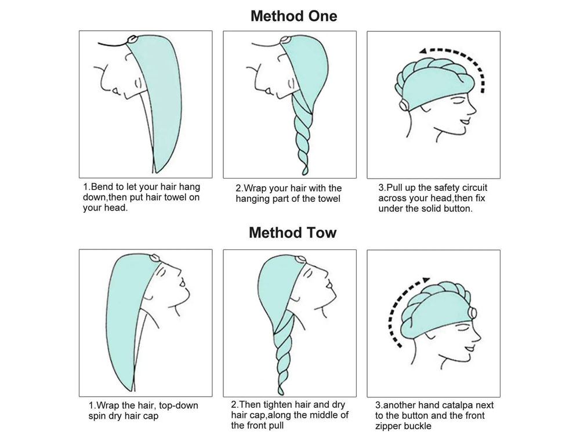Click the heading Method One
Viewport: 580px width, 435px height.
293,16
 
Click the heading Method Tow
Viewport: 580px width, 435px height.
292,233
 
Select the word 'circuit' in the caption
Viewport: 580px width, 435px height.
474,187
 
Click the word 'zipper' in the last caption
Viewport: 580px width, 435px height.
389,426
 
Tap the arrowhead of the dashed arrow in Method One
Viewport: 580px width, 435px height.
424,51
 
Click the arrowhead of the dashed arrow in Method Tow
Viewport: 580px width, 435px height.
427,280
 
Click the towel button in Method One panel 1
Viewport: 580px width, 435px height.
132,39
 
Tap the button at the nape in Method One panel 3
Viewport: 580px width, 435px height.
404,106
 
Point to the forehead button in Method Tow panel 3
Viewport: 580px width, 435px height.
472,313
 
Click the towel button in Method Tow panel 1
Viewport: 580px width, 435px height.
155,257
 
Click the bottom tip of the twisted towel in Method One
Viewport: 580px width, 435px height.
304,173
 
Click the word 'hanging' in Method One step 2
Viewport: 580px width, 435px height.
251,199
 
